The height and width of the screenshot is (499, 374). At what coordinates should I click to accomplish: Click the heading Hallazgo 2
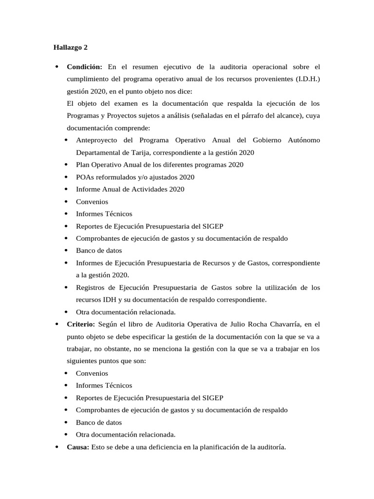coord(71,47)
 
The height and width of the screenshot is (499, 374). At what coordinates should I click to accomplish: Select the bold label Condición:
coord(85,66)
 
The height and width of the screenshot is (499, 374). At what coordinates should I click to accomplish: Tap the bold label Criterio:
coord(80,324)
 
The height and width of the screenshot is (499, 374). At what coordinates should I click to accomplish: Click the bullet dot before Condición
coord(57,67)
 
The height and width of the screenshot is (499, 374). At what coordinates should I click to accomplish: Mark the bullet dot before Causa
coord(57,447)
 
